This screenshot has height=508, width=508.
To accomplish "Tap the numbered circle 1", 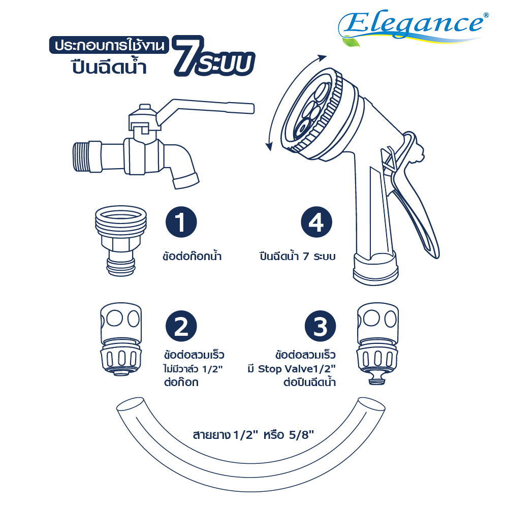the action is point(181,222).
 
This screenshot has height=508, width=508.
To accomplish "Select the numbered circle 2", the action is point(181,326).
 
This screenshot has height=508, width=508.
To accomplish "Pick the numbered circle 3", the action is point(320,326).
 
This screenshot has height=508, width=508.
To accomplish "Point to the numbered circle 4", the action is point(316,222).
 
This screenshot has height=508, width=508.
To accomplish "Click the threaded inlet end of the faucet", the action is point(81,156).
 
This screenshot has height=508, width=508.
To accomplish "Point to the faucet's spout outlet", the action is point(186,181).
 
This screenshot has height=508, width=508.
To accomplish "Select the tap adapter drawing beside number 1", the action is point(121,240).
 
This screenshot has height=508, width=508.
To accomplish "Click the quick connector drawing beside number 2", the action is point(121,339).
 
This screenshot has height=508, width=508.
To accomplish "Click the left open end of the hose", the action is point(130,405).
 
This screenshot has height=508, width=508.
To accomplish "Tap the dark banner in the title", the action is point(109,45).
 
